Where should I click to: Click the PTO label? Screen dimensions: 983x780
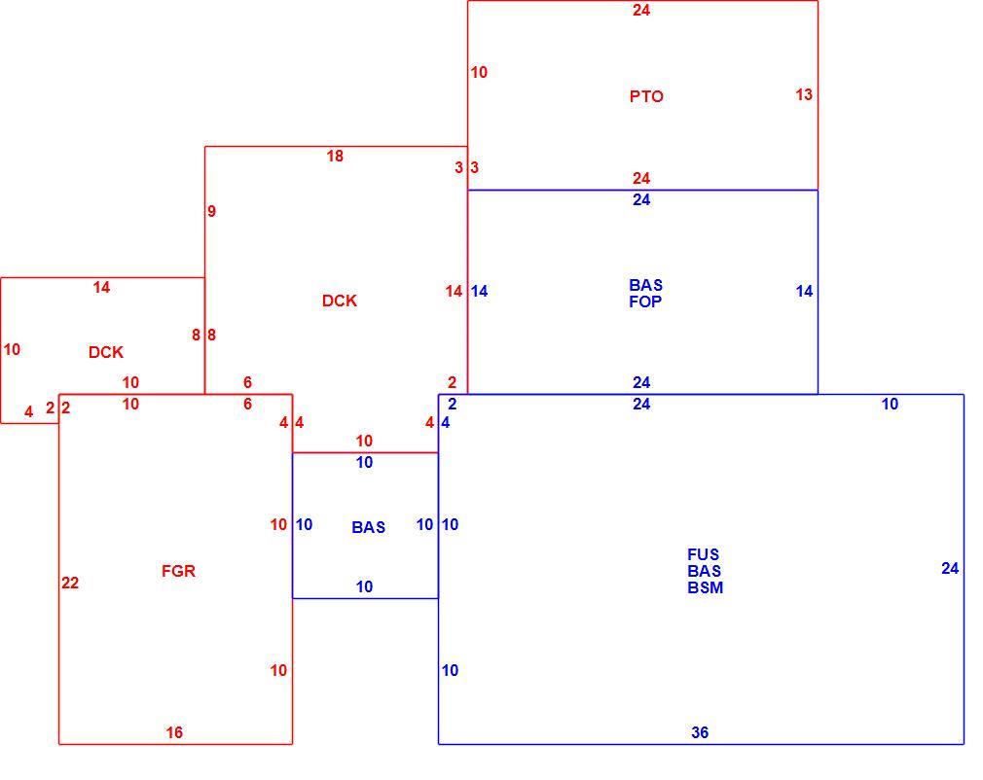(x=646, y=96)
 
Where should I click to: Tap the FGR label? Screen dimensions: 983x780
(x=179, y=571)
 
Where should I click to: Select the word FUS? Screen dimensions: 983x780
(x=704, y=554)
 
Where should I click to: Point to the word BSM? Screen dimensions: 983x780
(x=706, y=587)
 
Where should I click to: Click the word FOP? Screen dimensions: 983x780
(x=645, y=301)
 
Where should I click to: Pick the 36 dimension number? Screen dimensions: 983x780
(x=700, y=732)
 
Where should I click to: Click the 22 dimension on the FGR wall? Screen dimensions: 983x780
(x=70, y=584)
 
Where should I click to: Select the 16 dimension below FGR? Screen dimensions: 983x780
(x=174, y=732)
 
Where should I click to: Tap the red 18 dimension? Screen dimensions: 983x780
(x=335, y=156)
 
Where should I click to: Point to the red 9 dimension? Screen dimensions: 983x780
(x=212, y=211)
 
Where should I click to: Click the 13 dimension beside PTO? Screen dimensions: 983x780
(x=804, y=94)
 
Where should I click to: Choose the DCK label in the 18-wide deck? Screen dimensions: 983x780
(x=339, y=301)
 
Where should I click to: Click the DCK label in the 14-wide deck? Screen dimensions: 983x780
(x=106, y=352)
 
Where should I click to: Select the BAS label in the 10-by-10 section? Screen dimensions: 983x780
(x=369, y=527)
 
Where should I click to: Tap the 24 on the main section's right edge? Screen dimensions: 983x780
(x=950, y=568)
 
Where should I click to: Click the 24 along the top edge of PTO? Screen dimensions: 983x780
(x=641, y=10)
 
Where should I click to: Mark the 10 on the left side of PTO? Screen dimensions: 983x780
(x=479, y=73)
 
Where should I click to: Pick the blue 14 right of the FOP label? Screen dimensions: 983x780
(x=804, y=292)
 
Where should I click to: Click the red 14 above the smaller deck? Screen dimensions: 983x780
(x=101, y=288)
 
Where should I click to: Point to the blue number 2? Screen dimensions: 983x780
(x=453, y=405)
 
